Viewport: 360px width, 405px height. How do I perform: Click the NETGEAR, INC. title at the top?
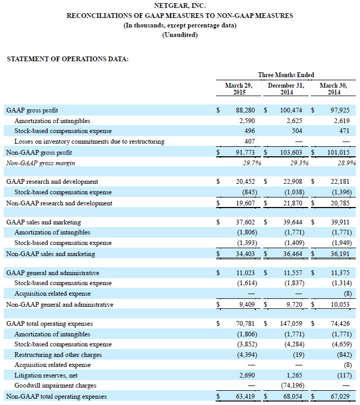180,6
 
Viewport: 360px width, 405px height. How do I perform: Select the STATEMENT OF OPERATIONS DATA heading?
67,59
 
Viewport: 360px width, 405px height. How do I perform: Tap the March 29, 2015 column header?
238,88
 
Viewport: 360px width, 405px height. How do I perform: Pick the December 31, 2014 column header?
286,88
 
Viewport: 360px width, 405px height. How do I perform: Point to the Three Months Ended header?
286,75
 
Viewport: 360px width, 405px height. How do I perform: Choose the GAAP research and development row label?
52,182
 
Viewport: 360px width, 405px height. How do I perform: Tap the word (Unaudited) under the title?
180,35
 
